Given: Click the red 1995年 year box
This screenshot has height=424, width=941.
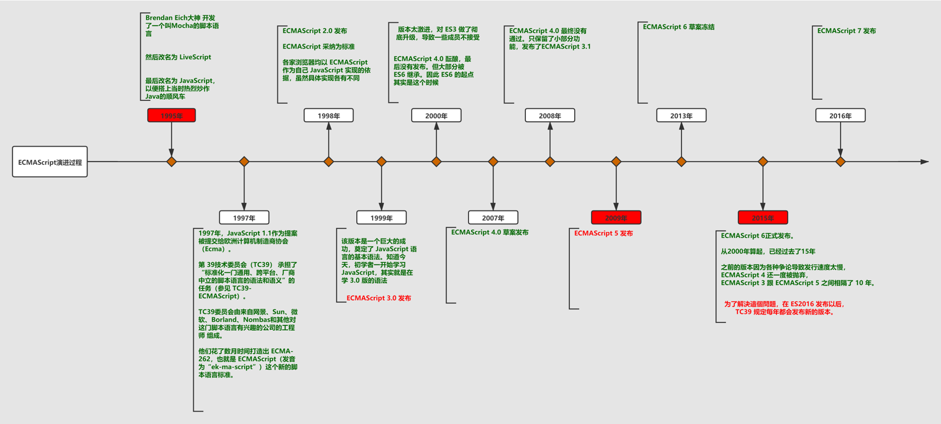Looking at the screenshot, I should pyautogui.click(x=172, y=115).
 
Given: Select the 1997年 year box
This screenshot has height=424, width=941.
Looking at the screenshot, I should pyautogui.click(x=244, y=217).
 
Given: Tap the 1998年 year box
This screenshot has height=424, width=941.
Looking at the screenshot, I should pyautogui.click(x=329, y=115).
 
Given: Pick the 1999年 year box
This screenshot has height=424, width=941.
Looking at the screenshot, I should pyautogui.click(x=382, y=217).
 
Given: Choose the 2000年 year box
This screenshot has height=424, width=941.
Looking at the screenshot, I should pyautogui.click(x=436, y=115).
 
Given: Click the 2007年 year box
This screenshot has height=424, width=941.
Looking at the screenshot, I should pyautogui.click(x=493, y=217).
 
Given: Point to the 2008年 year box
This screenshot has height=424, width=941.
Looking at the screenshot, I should pyautogui.click(x=550, y=115).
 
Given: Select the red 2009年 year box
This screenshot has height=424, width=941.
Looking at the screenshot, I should pyautogui.click(x=616, y=217).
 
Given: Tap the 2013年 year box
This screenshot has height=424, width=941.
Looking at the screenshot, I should pyautogui.click(x=681, y=115).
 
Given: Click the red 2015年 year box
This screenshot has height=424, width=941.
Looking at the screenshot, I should pyautogui.click(x=763, y=217).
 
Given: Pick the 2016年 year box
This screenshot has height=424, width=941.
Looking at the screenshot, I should pyautogui.click(x=840, y=115).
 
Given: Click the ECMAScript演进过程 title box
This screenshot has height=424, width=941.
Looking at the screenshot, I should pyautogui.click(x=50, y=162).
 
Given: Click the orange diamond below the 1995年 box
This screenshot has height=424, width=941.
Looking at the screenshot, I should pyautogui.click(x=172, y=162).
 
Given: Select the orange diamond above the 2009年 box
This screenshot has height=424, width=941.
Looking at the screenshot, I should pyautogui.click(x=616, y=162).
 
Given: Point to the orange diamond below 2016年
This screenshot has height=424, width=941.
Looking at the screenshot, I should pyautogui.click(x=840, y=162).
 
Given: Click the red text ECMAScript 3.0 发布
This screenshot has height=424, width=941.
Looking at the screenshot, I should pyautogui.click(x=379, y=298).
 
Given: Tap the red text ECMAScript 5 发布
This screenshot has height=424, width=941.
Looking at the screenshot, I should pyautogui.click(x=603, y=233).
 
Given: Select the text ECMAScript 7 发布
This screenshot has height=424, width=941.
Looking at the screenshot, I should pyautogui.click(x=846, y=31).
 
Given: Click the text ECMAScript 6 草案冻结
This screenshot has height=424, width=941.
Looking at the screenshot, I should pyautogui.click(x=679, y=27).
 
